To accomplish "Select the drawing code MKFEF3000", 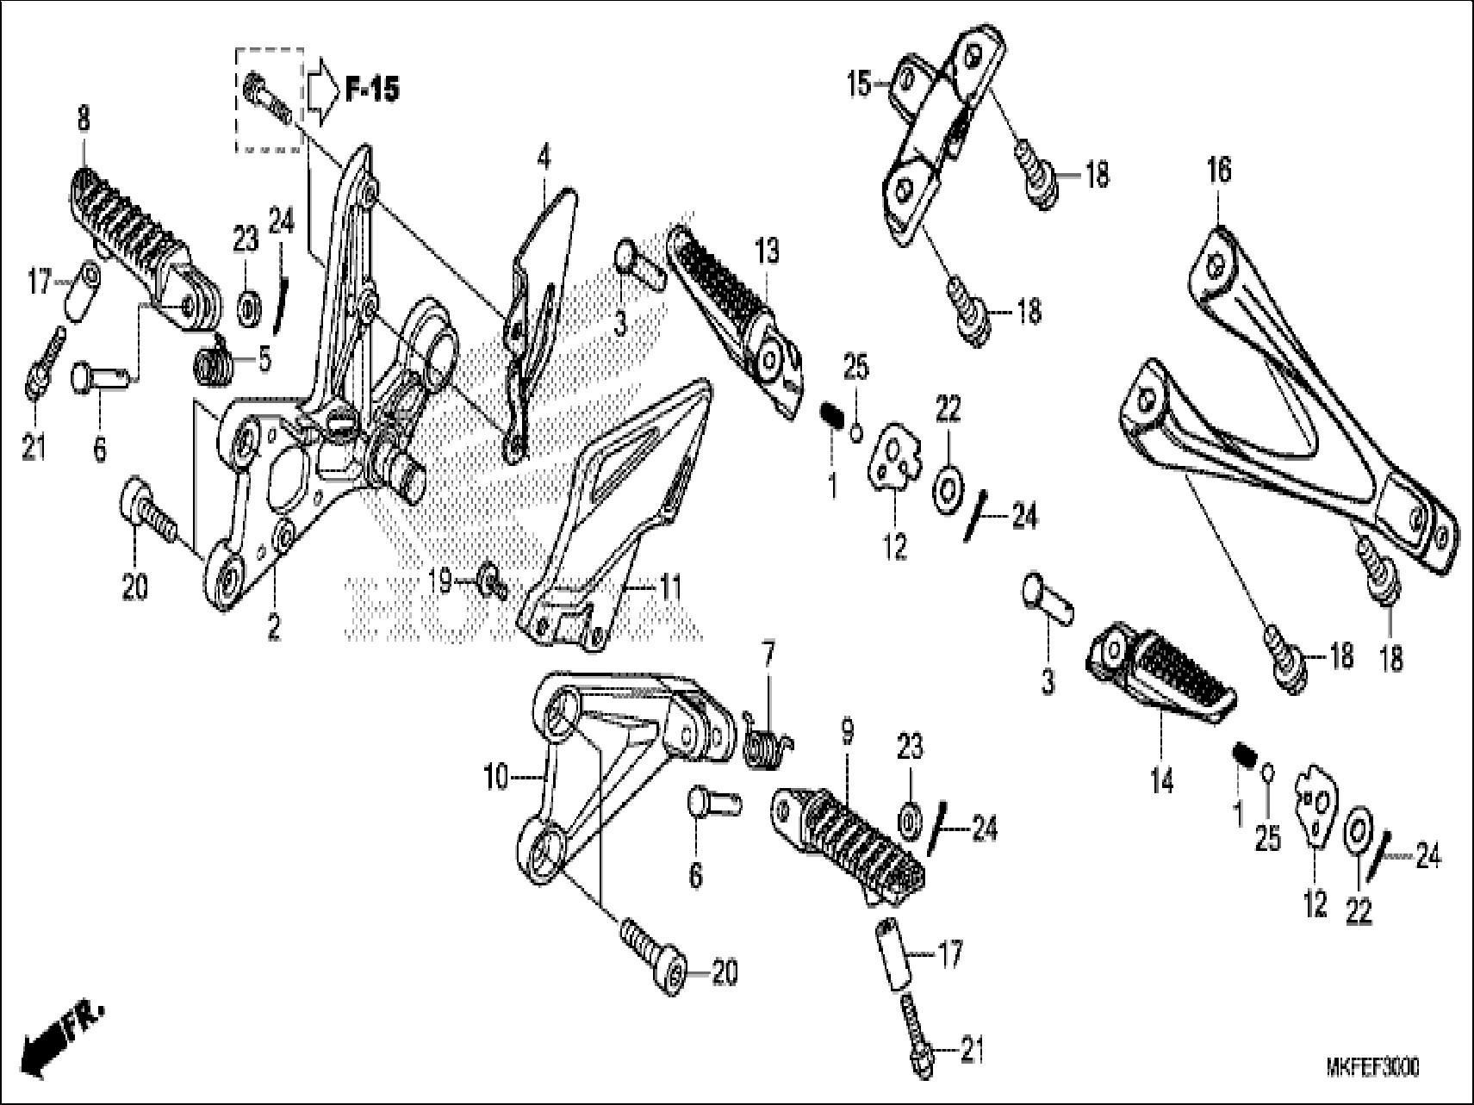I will pos(1372,1068).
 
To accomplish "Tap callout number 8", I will pos(83,120).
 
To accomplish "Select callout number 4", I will pos(543,158).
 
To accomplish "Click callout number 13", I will pos(767,251).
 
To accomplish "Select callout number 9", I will pos(847,733).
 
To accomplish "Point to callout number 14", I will pos(1161,782).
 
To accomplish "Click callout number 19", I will pos(440,581).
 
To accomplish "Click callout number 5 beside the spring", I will pos(264,358).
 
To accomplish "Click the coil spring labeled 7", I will pos(767,742).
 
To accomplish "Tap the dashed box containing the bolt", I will pos(270,100).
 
